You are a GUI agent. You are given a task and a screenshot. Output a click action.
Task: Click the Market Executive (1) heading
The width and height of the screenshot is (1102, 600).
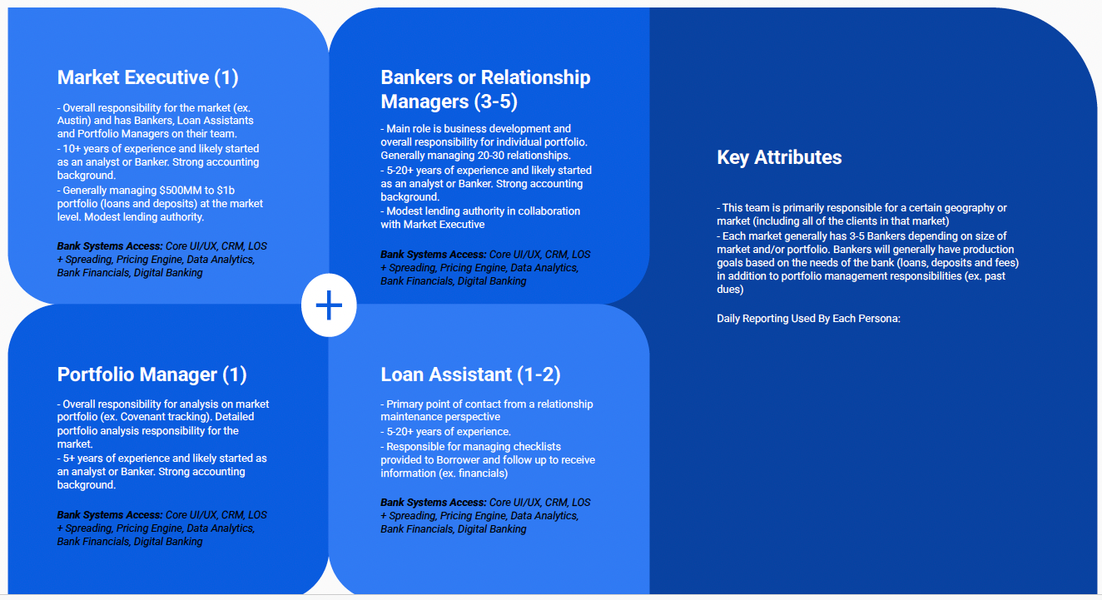(147, 78)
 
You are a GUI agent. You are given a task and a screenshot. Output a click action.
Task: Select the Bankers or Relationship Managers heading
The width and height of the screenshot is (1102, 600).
(485, 89)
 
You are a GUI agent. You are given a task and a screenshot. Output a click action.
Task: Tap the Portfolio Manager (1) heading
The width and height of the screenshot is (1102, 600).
(151, 374)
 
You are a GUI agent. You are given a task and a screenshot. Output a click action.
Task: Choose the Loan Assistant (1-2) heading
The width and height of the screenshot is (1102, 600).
(470, 374)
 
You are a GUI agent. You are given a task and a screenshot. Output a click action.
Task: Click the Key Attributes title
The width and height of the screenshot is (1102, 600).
(779, 158)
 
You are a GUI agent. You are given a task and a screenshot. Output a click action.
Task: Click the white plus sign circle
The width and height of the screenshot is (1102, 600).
(329, 306)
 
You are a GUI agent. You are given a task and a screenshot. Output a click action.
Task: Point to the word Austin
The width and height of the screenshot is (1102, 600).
(72, 121)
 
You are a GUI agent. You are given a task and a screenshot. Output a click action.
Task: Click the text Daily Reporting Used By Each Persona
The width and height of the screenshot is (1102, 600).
(808, 319)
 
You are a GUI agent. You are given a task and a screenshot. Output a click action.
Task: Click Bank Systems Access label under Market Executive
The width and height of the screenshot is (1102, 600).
(110, 246)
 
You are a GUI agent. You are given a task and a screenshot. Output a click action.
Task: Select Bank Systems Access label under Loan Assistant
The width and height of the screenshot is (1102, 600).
(433, 503)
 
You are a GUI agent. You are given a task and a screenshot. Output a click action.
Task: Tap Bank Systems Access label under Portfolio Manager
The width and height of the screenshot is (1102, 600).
(110, 515)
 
